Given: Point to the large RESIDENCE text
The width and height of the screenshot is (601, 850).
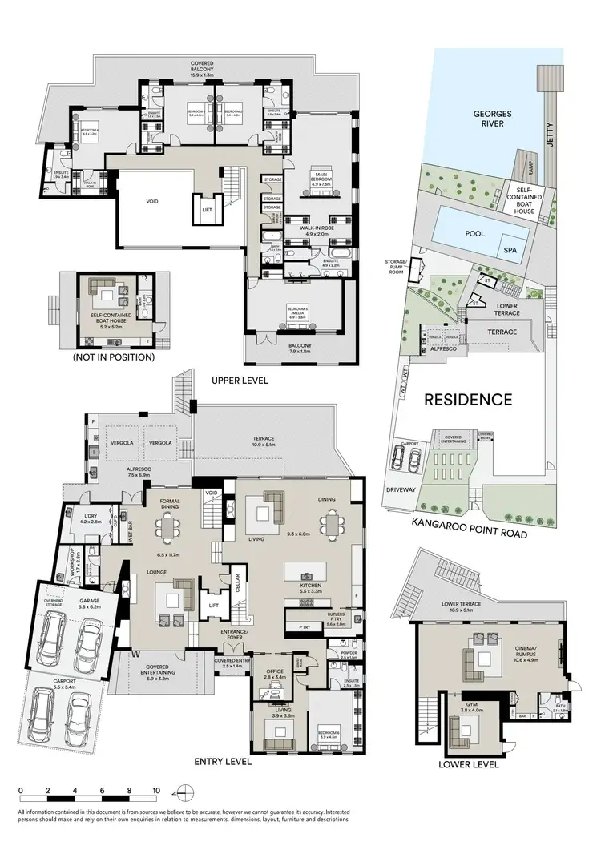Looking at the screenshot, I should (x=468, y=399).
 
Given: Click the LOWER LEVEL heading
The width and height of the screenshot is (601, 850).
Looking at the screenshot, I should (x=469, y=764).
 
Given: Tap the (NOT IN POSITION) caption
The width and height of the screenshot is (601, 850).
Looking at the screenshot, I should (x=113, y=357).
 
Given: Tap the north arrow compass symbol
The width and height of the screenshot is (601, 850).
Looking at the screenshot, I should (x=184, y=796).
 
